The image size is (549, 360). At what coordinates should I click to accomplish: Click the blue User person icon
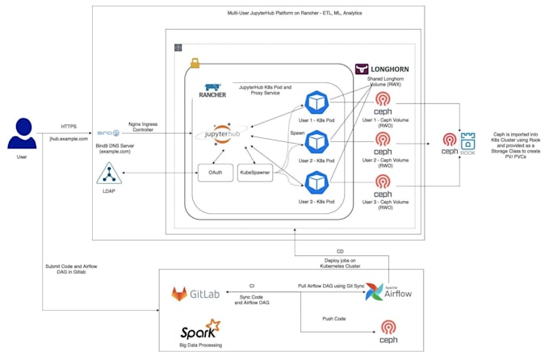pos(22,135)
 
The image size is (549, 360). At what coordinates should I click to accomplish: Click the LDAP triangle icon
pos(109,174)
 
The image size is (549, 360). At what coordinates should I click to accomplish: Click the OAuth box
pos(215,174)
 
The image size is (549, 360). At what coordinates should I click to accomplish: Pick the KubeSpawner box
pos(257,174)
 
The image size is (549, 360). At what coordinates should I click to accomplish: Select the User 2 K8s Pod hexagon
pos(315,143)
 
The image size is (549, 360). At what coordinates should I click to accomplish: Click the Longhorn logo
pos(383,70)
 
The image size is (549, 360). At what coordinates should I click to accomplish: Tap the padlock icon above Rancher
pos(195,63)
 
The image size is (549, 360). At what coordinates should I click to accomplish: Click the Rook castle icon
pos(468,139)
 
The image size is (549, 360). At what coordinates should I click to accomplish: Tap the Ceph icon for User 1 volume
pos(383,103)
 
